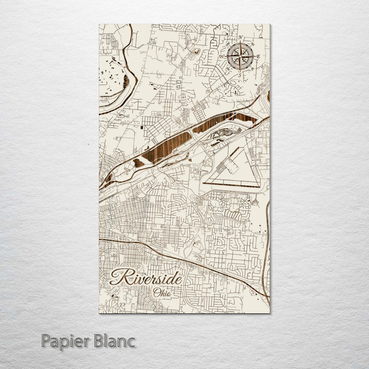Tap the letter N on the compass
(x=241, y=38)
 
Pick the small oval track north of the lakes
(x=195, y=51)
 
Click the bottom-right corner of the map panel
(x=270, y=312)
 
